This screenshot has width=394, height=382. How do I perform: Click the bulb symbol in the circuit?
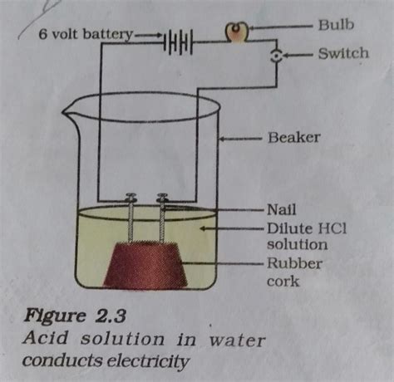coord(236,32)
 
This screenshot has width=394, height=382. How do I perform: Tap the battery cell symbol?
coord(178,42)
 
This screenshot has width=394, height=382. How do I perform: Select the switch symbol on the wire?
coord(276,56)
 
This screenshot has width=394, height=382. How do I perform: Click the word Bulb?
coord(336,25)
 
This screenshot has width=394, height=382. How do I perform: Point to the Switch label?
coord(343,53)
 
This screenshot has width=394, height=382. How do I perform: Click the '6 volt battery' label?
coord(86,35)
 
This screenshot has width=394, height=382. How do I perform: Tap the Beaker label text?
coord(293,137)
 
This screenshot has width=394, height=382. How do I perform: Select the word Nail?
coord(282,209)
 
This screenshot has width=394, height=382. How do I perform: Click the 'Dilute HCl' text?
coord(307,228)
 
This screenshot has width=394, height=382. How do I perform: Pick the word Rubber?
coord(294,263)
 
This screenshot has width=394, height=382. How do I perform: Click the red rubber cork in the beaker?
coord(145,265)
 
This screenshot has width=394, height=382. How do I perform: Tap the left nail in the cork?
coord(131,218)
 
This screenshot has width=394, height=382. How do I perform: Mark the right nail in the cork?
coord(162,218)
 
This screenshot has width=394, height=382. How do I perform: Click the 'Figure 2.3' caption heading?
coord(75,316)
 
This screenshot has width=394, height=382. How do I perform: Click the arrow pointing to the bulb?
coord(281,27)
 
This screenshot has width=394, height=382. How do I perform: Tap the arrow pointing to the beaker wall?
coord(240,138)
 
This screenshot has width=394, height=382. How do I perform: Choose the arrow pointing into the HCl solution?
coord(231,228)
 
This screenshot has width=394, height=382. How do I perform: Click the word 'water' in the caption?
coord(237,340)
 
